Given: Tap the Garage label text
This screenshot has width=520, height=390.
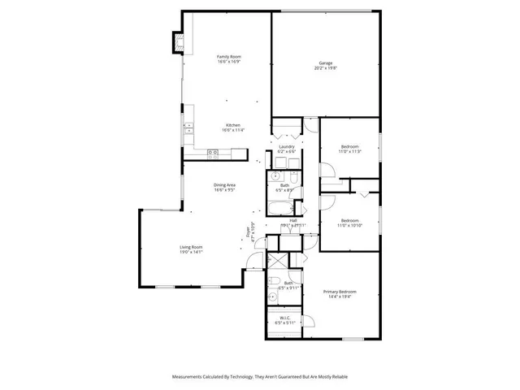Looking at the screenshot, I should (326, 63).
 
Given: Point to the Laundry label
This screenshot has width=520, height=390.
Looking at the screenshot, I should (286, 146).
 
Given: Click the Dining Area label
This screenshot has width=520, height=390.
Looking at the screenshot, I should (224, 186).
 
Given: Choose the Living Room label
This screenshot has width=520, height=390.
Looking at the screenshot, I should (191, 247).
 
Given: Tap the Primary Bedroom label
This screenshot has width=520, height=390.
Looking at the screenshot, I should (340, 292).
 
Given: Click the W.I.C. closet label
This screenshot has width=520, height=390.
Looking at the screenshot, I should (285, 317).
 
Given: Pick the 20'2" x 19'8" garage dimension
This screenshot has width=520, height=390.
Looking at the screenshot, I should (326, 68).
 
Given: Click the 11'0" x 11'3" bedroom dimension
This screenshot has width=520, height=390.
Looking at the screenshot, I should (349, 152).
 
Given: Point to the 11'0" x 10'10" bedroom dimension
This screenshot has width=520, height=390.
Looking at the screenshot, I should (349, 226).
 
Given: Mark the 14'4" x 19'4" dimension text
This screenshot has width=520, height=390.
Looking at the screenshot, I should (340, 297).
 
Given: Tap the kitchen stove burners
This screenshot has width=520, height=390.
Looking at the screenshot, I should (213, 153).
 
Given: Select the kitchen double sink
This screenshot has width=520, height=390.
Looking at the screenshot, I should (188, 128).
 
